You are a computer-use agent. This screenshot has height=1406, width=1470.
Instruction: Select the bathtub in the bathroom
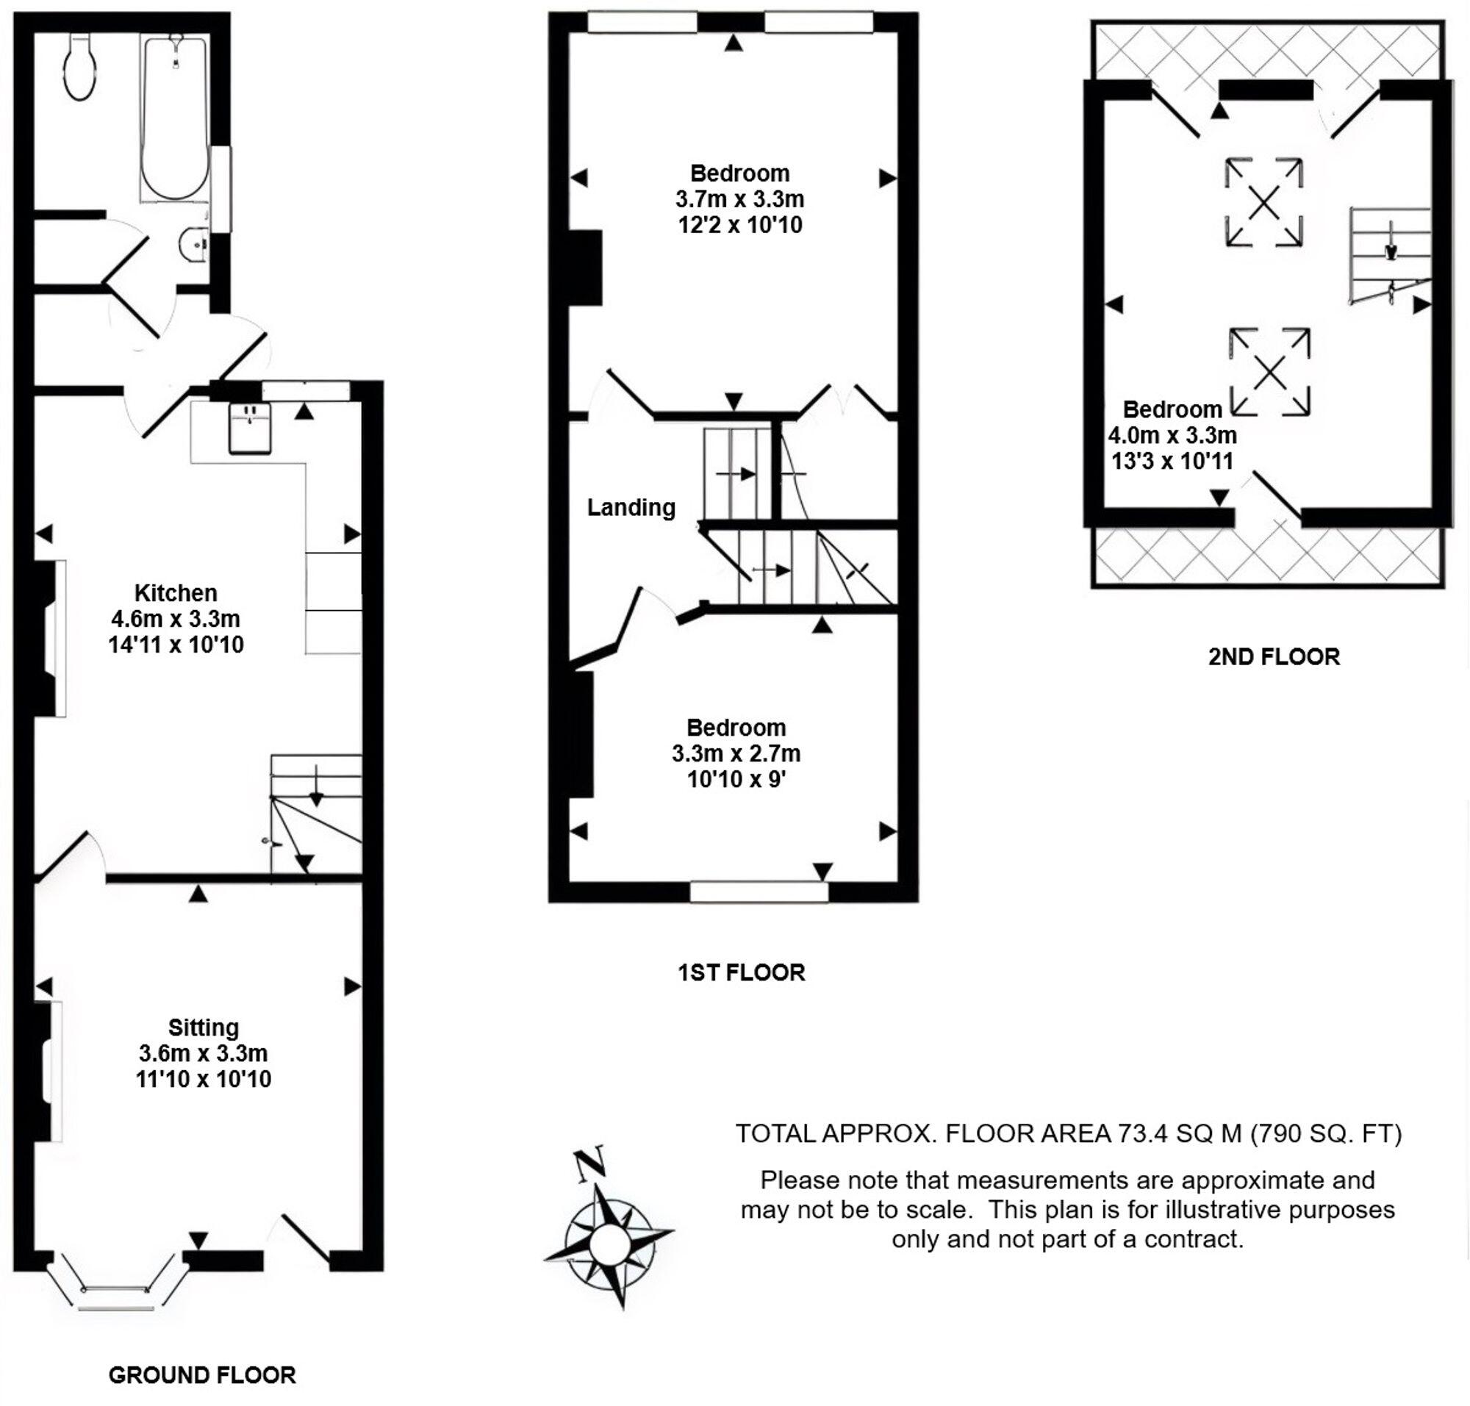click(x=174, y=116)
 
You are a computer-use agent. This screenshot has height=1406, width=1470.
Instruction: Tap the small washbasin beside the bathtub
click(x=196, y=242)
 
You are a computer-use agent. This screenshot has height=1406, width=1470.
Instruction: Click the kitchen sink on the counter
click(x=250, y=428)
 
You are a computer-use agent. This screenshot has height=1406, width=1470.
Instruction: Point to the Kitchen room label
click(x=176, y=593)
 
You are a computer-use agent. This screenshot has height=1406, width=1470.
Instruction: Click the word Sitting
click(x=203, y=1027)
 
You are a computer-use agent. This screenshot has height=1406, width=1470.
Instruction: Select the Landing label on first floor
click(x=631, y=507)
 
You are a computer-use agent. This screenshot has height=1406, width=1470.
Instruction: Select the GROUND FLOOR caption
click(x=201, y=1375)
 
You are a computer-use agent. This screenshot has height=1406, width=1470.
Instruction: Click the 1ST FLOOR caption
click(x=741, y=972)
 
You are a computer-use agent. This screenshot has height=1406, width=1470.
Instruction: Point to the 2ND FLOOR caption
click(x=1273, y=656)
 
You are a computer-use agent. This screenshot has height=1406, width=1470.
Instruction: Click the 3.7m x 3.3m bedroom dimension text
click(x=739, y=199)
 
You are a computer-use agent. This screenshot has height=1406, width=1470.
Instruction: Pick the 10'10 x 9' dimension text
click(x=736, y=780)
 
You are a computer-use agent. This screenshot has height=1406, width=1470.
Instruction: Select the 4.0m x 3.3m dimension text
click(x=1172, y=434)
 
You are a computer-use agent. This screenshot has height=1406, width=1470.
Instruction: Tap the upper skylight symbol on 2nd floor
click(x=1263, y=201)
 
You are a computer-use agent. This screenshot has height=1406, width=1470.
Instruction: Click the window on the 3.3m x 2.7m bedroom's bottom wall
click(x=758, y=891)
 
